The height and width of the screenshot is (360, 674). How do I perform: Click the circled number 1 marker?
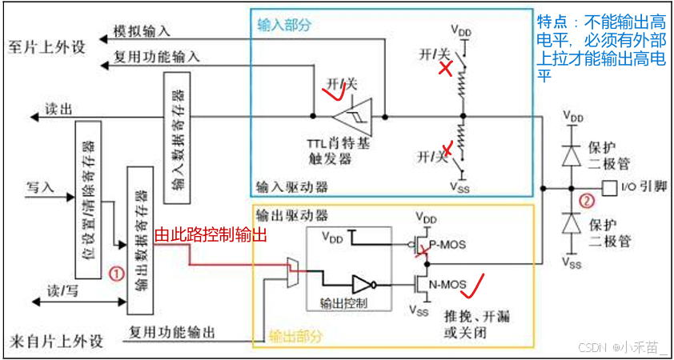point(116,273)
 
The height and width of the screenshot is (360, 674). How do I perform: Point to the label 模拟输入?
point(142,30)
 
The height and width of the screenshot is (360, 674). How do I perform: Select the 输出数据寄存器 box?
point(140,239)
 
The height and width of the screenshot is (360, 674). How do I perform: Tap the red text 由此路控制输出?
point(210,235)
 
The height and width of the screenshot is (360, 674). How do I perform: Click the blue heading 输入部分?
point(283,25)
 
